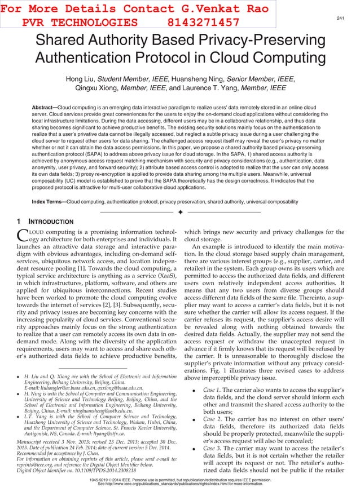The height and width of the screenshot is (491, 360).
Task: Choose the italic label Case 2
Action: [x=212, y=419]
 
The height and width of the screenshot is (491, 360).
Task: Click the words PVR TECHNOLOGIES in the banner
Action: [x=79, y=22]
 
